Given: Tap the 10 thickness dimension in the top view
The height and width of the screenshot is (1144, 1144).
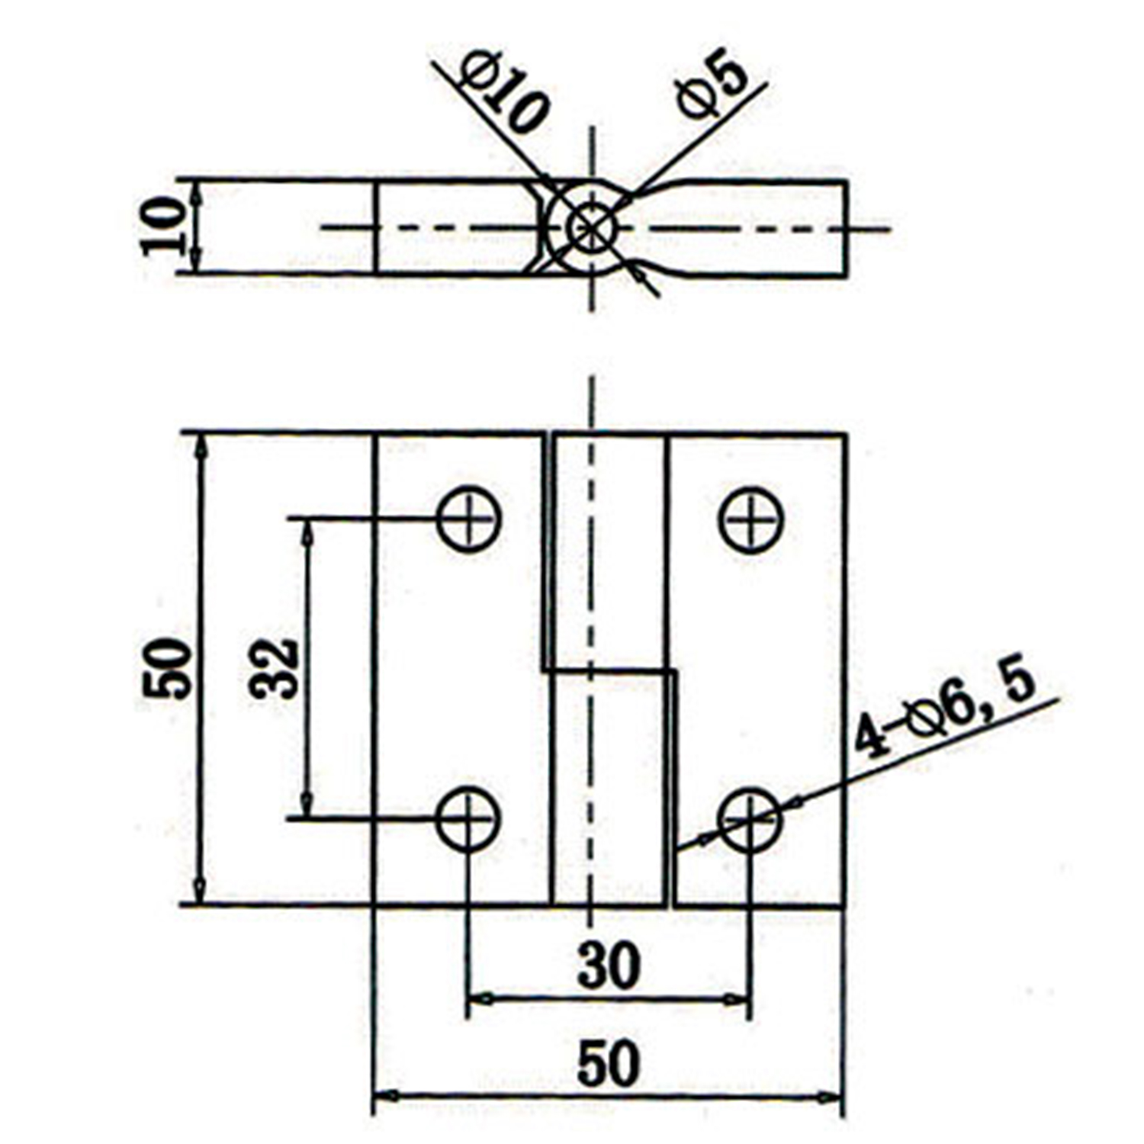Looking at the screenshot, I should (x=162, y=226).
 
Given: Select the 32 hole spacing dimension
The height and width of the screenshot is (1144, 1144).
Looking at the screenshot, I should (x=272, y=668).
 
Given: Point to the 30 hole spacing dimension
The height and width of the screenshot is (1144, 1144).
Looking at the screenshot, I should (x=608, y=966).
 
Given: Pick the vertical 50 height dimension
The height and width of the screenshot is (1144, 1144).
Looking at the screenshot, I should (x=166, y=668).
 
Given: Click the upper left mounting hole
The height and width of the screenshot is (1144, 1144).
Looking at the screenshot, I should (x=468, y=519).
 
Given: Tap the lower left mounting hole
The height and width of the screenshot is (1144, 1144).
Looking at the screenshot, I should (x=468, y=819).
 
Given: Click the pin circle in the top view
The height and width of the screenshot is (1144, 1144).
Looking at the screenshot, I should (x=591, y=227).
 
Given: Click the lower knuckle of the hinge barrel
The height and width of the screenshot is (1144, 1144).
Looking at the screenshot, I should (x=609, y=789).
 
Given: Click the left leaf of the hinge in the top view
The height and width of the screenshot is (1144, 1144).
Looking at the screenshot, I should (x=458, y=227).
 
